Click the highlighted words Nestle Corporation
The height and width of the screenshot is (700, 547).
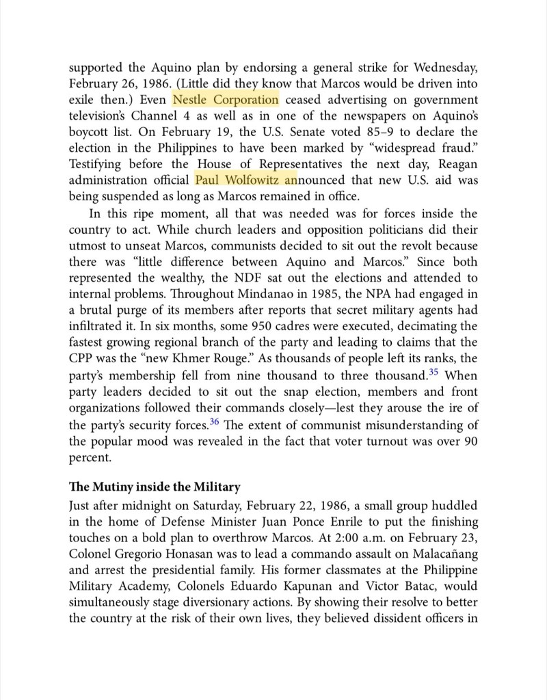[226, 100]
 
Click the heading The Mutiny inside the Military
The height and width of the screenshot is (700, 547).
[155, 487]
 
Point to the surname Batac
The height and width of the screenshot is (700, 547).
[433, 586]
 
